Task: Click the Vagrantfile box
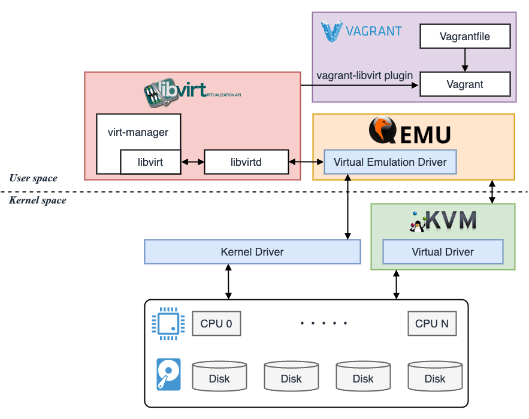[465, 37]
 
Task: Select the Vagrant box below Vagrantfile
[465, 84]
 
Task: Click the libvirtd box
[246, 162]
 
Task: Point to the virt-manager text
[138, 132]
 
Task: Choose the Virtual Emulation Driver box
[390, 162]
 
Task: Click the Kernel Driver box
[252, 252]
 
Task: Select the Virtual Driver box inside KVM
[443, 252]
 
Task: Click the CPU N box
[431, 323]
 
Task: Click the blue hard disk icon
[168, 374]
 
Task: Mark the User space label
[34, 178]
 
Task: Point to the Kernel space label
[38, 201]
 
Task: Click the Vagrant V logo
[332, 32]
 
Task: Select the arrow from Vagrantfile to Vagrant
[465, 60]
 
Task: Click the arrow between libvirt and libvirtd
[192, 162]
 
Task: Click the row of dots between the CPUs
[324, 323]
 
